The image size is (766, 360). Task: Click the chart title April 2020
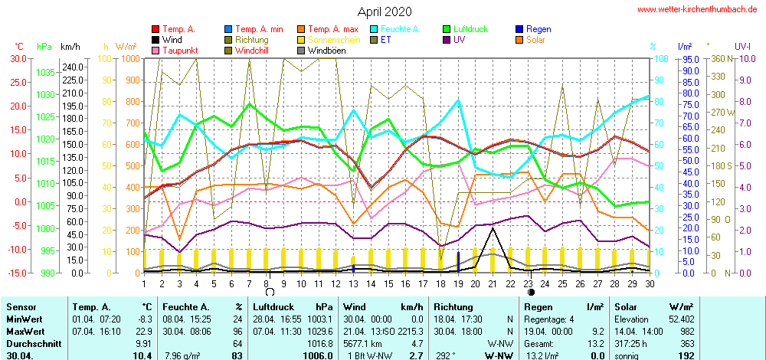pos(384,11)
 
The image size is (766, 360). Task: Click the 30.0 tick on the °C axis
pos(17,58)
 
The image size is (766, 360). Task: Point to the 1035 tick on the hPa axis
pos(46,72)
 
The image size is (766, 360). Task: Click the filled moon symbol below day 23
pos(530,292)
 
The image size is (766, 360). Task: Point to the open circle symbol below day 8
pos(270,292)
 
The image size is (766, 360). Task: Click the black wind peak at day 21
pos(493,229)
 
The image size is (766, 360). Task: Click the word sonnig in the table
pos(627,356)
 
